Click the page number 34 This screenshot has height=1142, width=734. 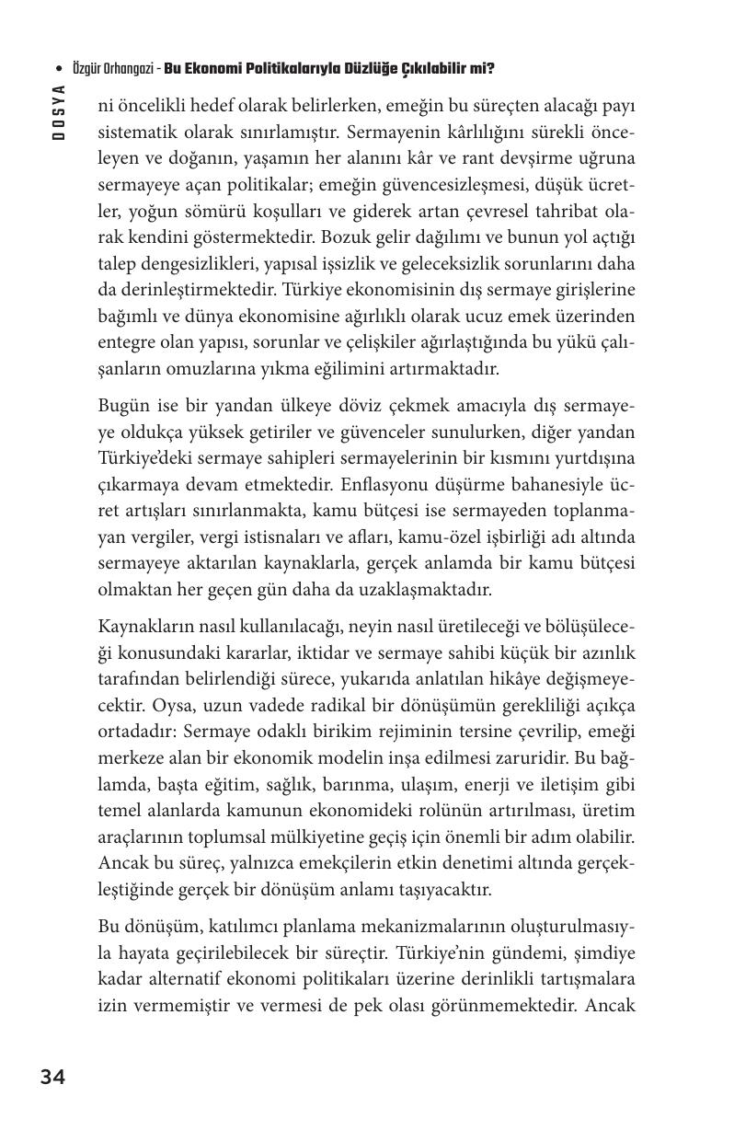click(52, 1077)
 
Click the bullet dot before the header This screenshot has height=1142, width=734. click(59, 69)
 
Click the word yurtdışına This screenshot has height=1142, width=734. click(592, 458)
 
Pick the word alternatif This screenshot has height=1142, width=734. click(192, 978)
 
